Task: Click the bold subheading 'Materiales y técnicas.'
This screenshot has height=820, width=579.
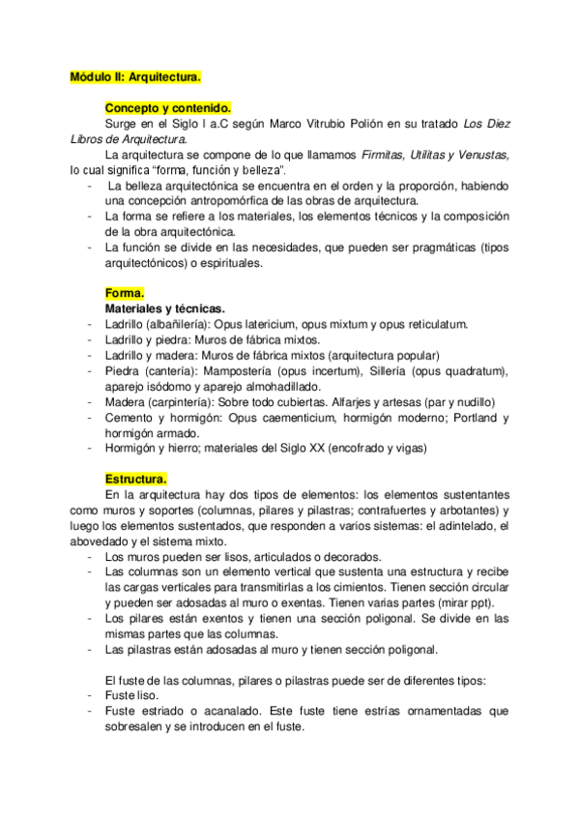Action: click(164, 307)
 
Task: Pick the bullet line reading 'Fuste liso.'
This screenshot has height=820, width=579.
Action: click(134, 694)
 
